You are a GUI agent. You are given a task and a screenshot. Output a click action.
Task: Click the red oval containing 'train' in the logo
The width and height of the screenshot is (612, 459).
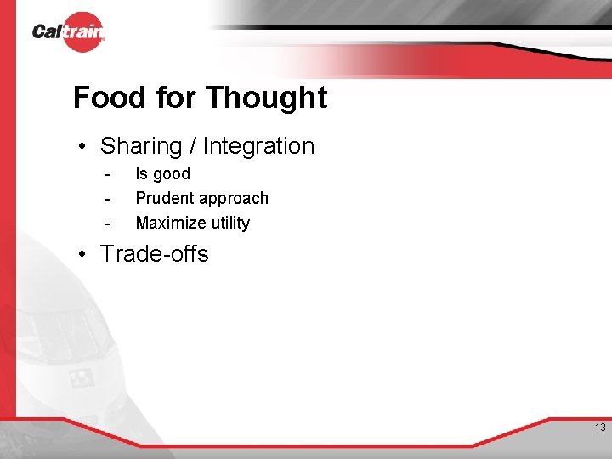[x=82, y=32]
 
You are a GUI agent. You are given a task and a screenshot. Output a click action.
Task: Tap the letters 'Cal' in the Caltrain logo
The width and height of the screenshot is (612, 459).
[x=47, y=32]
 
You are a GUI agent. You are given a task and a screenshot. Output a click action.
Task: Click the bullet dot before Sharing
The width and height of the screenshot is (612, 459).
[x=83, y=146]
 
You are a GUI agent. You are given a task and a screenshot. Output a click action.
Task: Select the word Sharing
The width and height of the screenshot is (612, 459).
[x=141, y=146]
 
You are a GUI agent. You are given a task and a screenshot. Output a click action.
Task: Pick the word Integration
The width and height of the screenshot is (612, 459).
[x=258, y=146]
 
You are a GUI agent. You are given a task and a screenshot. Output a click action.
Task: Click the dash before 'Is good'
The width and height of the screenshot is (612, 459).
[x=107, y=174]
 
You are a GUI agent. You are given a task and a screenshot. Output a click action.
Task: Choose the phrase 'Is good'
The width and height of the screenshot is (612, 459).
[x=162, y=174]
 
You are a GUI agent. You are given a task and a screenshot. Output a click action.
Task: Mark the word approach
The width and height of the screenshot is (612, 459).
[x=234, y=199]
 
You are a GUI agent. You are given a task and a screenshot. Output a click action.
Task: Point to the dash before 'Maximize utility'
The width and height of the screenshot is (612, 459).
[x=107, y=224]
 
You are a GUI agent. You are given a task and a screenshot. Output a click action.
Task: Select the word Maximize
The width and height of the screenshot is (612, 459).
[x=172, y=224]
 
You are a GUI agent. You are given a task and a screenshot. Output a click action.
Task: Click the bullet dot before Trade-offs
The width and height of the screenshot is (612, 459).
[x=83, y=254]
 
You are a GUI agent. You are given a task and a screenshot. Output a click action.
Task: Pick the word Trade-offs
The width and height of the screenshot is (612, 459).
[x=154, y=254]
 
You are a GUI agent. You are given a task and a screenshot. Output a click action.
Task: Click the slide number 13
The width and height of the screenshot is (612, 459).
[x=600, y=428]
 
